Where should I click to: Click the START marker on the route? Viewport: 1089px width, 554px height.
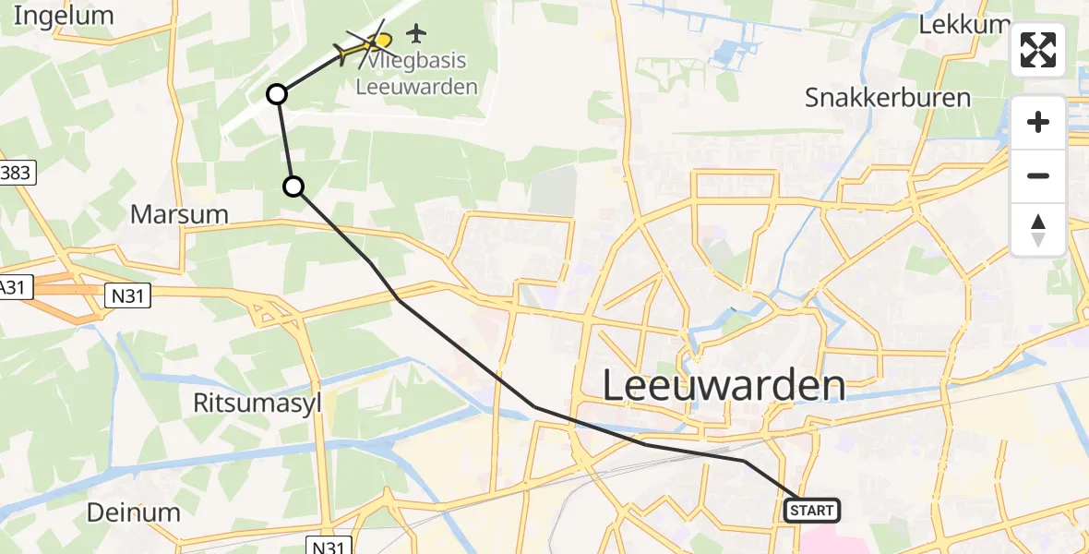tap(812, 510)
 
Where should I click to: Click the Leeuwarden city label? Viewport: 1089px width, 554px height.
tap(724, 385)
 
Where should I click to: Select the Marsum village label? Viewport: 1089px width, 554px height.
tap(179, 214)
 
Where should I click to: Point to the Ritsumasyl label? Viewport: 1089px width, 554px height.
tap(257, 403)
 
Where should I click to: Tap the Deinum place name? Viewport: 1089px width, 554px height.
tap(134, 512)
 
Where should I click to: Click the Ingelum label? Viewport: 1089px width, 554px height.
tap(64, 16)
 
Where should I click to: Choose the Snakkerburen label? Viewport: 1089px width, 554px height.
tap(888, 97)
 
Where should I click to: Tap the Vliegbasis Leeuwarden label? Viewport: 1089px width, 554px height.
tap(417, 74)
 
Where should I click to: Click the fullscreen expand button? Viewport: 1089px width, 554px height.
tap(1038, 50)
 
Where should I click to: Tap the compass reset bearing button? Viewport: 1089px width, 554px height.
tap(1038, 230)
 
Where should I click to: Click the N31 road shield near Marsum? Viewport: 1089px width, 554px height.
tap(127, 295)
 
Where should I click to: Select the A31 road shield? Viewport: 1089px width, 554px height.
tap(14, 288)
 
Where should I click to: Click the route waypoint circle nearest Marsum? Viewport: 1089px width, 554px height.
tap(293, 187)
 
